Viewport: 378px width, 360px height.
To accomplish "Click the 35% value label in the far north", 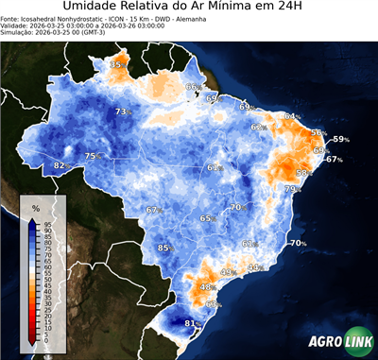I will (117, 64).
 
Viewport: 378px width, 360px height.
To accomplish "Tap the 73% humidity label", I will (121, 112).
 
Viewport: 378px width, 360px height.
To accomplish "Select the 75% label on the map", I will (92, 156).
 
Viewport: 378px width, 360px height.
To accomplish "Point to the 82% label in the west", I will (60, 166).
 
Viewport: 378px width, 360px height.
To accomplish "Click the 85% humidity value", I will (163, 249).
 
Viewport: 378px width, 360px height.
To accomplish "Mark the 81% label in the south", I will (190, 324).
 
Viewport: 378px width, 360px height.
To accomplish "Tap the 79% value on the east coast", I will (291, 189).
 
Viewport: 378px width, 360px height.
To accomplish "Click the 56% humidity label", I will (318, 133).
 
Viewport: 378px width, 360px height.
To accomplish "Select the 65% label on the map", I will (206, 218).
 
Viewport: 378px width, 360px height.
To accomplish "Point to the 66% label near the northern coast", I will (192, 87).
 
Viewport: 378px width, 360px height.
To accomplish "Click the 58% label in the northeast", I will (303, 173).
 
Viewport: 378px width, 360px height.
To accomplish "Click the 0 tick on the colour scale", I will (46, 342).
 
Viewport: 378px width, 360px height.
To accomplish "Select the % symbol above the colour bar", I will (35, 207).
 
